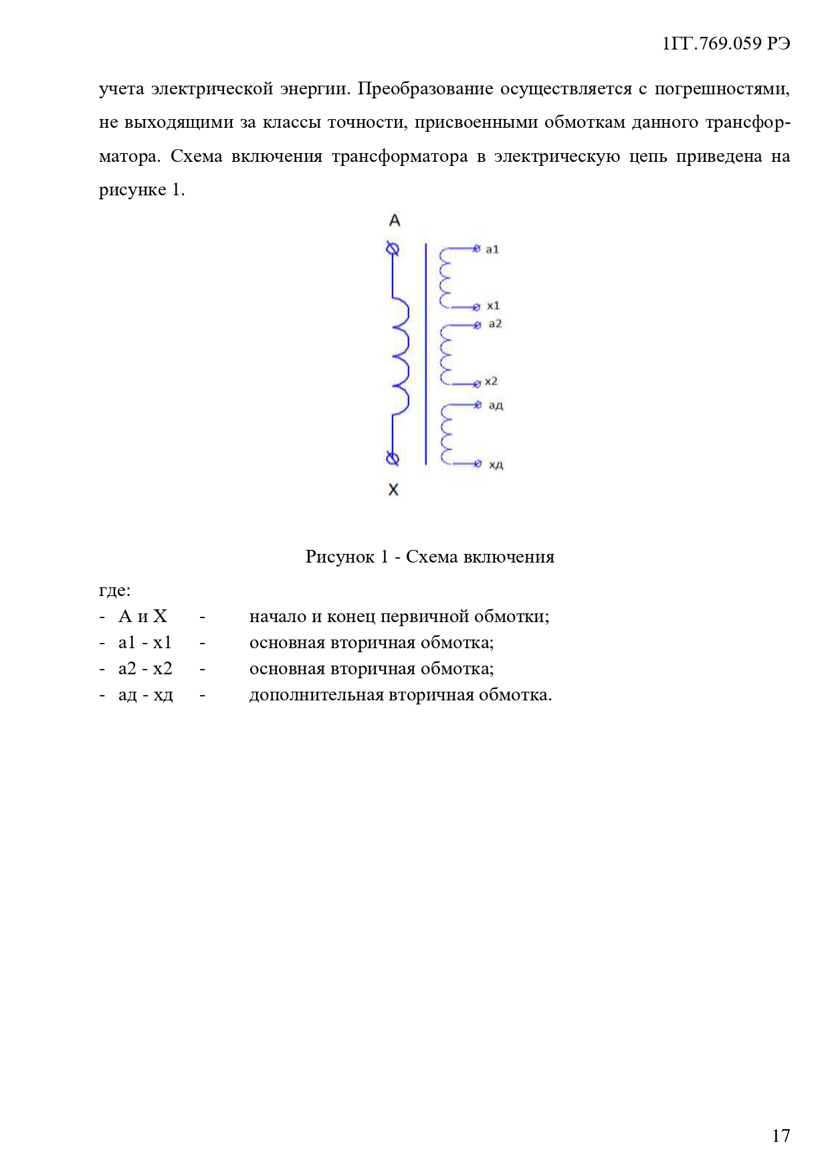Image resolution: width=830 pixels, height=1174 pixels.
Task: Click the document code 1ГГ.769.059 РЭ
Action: click(726, 43)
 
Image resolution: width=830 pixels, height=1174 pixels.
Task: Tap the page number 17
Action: click(781, 1135)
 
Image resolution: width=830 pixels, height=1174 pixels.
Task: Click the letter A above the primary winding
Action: click(395, 220)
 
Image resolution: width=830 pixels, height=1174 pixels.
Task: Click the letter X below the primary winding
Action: click(393, 490)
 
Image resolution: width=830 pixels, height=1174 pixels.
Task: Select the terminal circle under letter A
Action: click(393, 250)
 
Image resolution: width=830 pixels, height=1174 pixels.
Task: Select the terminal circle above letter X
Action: click(393, 459)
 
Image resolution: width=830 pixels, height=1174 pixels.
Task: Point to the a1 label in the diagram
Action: click(492, 250)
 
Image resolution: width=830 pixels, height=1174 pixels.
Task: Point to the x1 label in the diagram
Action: click(493, 306)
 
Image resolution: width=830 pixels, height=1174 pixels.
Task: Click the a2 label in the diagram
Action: click(495, 324)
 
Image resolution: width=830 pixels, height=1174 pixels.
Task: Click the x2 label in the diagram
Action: click(491, 381)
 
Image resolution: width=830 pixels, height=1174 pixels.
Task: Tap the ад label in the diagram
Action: click(496, 405)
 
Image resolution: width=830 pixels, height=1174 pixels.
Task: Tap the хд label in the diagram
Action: click(496, 464)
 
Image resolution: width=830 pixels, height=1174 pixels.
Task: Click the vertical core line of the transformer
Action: click(426, 355)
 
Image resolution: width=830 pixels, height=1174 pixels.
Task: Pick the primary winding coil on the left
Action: click(400, 355)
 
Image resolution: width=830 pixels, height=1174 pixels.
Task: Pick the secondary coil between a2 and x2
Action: click(445, 355)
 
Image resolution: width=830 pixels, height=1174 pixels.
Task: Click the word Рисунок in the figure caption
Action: click(339, 557)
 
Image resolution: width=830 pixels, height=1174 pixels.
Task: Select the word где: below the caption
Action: click(114, 590)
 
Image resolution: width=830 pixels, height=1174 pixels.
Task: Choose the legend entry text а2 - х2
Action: click(145, 668)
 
